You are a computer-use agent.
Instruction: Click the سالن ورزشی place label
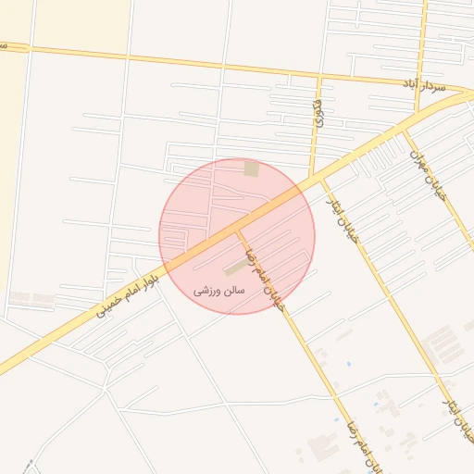[219, 290]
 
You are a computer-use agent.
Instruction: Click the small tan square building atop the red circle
[251, 168]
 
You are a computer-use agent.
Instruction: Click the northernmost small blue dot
[348, 364]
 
